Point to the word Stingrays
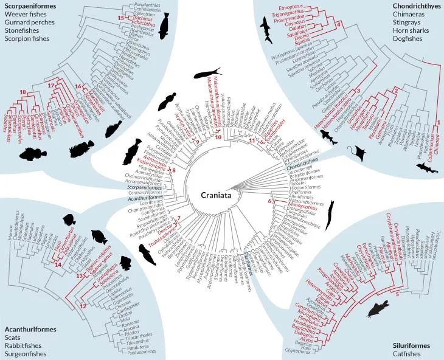click(x=420, y=28)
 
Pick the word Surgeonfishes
click(x=26, y=354)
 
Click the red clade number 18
click(x=23, y=92)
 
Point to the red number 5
click(x=397, y=294)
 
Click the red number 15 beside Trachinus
click(x=120, y=18)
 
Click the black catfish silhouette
click(x=378, y=310)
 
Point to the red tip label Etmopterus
click(x=291, y=6)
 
